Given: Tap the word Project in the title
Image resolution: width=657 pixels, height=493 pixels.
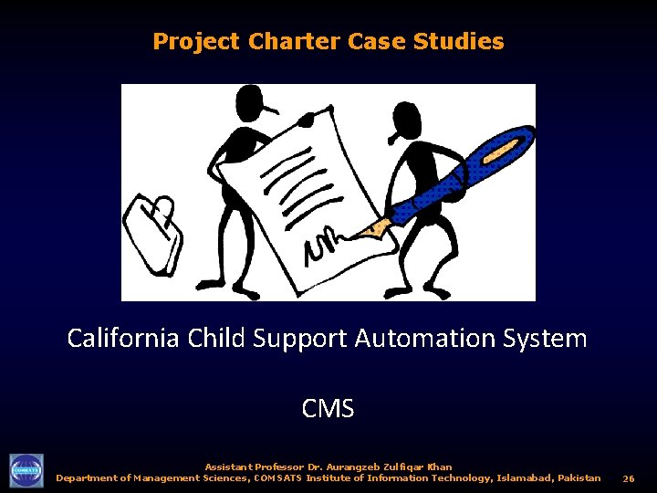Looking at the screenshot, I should pos(196,42).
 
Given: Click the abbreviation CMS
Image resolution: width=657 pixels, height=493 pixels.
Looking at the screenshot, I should pos(328,408).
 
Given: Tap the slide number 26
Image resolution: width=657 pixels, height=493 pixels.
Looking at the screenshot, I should pos(629,478).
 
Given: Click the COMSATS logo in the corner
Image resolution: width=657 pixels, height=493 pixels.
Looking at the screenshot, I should pos(26,470).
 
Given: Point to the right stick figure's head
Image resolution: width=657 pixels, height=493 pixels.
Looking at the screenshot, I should pos(407,119).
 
